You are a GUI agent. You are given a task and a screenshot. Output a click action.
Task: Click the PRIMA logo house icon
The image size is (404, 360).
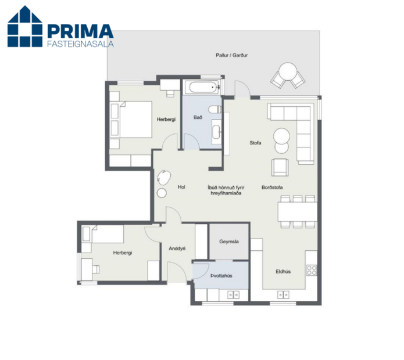(25, 27)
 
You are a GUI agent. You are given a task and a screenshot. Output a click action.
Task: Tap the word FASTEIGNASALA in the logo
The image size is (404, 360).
(79, 42)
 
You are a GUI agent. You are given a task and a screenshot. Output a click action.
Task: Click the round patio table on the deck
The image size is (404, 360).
(288, 74)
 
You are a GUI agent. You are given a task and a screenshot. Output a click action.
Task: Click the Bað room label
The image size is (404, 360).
(198, 118)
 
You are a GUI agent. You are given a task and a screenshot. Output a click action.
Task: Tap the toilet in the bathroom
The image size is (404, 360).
(215, 109)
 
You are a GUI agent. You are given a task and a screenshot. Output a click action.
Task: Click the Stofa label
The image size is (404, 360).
(255, 142)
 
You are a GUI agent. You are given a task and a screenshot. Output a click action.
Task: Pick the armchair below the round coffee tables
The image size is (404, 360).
(281, 167)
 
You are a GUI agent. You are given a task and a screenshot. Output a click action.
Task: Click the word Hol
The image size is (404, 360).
(181, 187)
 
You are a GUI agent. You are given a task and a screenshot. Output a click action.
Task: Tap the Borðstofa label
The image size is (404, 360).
(272, 187)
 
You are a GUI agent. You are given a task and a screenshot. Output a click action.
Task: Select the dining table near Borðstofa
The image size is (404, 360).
(297, 210)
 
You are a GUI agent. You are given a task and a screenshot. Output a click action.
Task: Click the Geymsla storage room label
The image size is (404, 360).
(228, 241)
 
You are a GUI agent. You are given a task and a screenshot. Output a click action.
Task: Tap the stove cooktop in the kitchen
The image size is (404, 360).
(312, 269)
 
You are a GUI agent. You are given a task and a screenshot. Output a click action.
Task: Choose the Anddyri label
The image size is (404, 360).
(177, 249)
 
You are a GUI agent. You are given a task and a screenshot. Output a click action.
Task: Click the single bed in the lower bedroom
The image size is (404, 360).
(105, 235)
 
